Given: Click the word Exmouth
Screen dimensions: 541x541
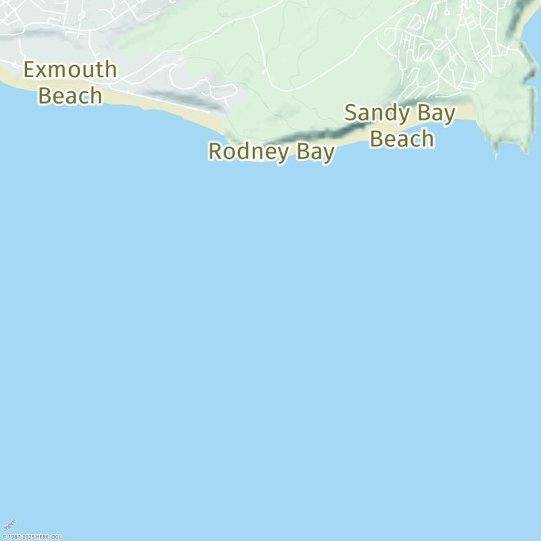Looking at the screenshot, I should pos(70,70).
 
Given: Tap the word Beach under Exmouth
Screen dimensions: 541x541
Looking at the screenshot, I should pos(70,95).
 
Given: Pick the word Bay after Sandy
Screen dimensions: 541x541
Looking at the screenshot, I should pos(436,113).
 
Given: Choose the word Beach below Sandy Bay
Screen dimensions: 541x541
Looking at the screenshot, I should pos(402,139).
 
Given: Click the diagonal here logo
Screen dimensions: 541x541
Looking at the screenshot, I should pos(9,525).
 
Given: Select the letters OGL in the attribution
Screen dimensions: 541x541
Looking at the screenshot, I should pos(57,537).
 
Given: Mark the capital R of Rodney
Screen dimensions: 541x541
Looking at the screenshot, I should pos(216,151).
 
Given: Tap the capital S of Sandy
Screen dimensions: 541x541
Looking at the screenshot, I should pos(352,113).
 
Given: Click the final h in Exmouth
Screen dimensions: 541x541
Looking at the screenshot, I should pos(110,70).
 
